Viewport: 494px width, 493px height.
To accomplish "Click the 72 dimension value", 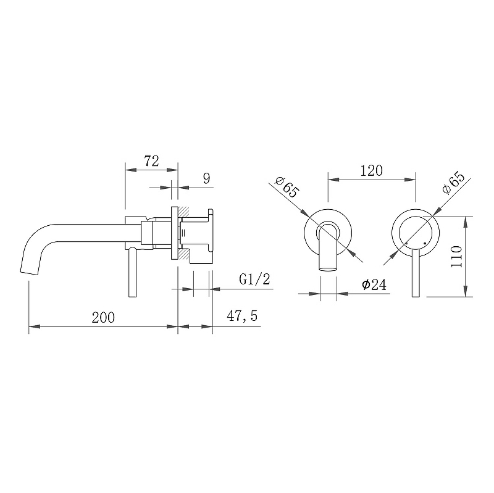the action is point(151,162).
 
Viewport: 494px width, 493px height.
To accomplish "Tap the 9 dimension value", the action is point(206,178).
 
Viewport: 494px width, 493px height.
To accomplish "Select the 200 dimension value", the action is point(103,317).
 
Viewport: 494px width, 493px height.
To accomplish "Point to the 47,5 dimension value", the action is point(242,316).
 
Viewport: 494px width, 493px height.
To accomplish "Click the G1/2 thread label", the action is point(254,280).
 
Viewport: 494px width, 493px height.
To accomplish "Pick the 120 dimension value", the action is point(372,171).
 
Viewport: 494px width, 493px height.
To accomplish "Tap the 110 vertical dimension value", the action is point(456,257).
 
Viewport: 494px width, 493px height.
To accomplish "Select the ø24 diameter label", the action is point(374,284).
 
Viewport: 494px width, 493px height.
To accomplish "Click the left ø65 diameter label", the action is point(287,187).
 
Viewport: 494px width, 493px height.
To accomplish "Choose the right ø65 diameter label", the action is point(454,183).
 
